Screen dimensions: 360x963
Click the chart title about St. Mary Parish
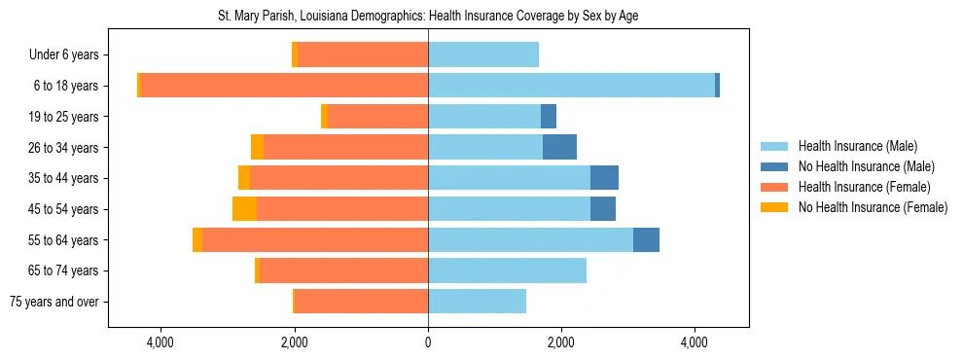click(428, 17)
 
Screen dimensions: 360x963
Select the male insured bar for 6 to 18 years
click(571, 86)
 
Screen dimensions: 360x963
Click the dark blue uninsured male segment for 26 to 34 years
click(559, 147)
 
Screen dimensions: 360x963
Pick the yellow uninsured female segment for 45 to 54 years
click(244, 209)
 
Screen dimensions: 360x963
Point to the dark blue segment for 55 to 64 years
click(646, 239)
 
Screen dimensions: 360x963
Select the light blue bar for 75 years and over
click(477, 302)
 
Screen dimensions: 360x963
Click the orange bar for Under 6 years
click(363, 55)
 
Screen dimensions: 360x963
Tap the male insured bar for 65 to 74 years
click(507, 270)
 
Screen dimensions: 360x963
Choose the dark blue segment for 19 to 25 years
click(549, 117)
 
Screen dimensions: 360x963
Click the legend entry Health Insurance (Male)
click(857, 146)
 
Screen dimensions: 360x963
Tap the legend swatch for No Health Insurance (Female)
click(774, 207)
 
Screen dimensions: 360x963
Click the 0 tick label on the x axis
click(428, 343)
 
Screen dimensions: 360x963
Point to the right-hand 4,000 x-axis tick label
click(695, 343)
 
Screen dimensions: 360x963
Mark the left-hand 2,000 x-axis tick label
click(295, 343)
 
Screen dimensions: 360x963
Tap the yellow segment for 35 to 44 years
click(244, 178)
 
